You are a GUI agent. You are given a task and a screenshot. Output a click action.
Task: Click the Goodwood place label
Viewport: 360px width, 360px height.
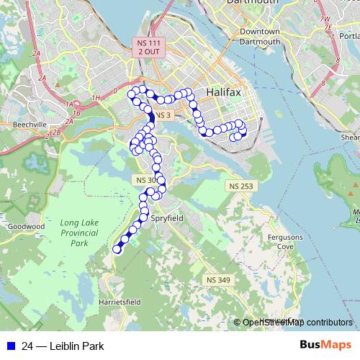(x=26, y=226)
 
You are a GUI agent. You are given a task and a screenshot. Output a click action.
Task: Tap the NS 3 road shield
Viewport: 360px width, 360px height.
(x=163, y=115)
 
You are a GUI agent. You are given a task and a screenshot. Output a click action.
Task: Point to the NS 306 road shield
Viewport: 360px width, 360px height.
(x=145, y=179)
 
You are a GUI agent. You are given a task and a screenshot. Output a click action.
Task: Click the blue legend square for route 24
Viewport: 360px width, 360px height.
(x=10, y=346)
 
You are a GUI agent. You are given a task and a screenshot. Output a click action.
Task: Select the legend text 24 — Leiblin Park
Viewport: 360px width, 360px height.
(x=63, y=346)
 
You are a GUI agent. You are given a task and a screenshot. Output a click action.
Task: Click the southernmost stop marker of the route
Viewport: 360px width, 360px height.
(x=117, y=249)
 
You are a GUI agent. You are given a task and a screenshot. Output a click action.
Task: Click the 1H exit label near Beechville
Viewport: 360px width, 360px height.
(x=96, y=98)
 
